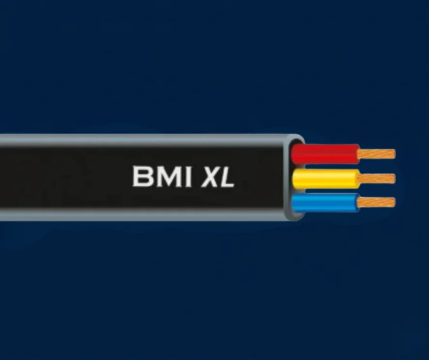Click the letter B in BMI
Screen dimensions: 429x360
point(142,176)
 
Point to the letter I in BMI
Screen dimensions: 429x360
point(187,176)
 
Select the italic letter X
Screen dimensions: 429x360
point(211,177)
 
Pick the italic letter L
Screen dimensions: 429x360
point(228,177)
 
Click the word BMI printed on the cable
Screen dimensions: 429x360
point(162,176)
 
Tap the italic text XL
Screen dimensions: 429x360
point(218,177)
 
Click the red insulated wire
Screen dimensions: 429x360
point(325,154)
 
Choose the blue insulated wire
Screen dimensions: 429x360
point(325,203)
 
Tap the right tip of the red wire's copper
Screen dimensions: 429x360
point(395,154)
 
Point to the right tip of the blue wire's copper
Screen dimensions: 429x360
point(395,203)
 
